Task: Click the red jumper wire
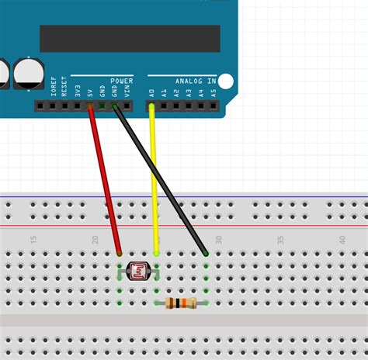tap(105, 178)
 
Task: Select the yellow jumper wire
tap(154, 178)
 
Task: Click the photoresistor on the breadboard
tap(138, 272)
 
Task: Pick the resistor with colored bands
tap(182, 303)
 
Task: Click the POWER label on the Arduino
tap(122, 80)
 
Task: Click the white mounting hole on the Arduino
tap(226, 81)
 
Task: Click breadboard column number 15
tap(33, 241)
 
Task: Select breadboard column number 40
tap(342, 241)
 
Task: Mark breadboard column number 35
tap(280, 241)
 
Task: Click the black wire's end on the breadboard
tap(206, 253)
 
